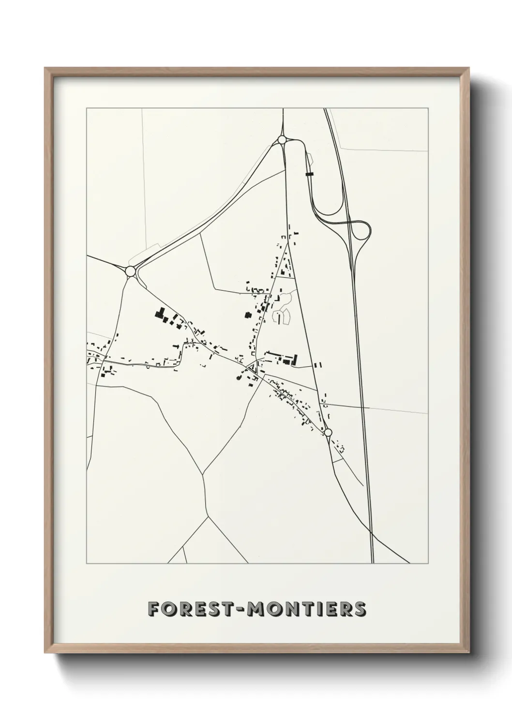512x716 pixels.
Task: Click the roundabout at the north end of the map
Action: (x=282, y=140)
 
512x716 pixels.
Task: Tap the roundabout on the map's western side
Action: (x=130, y=271)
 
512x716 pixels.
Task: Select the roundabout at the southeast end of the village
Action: (x=327, y=432)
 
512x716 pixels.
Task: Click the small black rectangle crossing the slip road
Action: (x=310, y=173)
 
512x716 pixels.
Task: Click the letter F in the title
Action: (x=154, y=609)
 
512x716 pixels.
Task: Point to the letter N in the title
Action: (x=294, y=609)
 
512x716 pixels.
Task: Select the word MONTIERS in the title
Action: (x=306, y=609)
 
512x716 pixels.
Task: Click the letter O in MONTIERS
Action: (x=275, y=609)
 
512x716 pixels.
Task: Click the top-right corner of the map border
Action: (x=428, y=108)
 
